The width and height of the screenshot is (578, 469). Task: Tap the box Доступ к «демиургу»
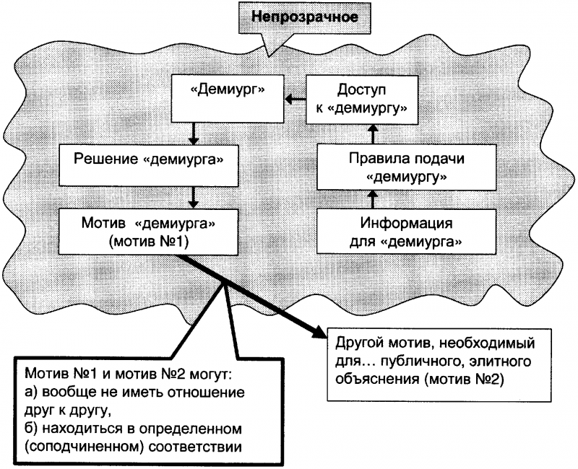[x=371, y=99]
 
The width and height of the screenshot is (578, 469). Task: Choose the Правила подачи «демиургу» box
[x=405, y=166]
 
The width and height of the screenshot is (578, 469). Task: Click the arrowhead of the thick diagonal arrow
[x=318, y=330]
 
